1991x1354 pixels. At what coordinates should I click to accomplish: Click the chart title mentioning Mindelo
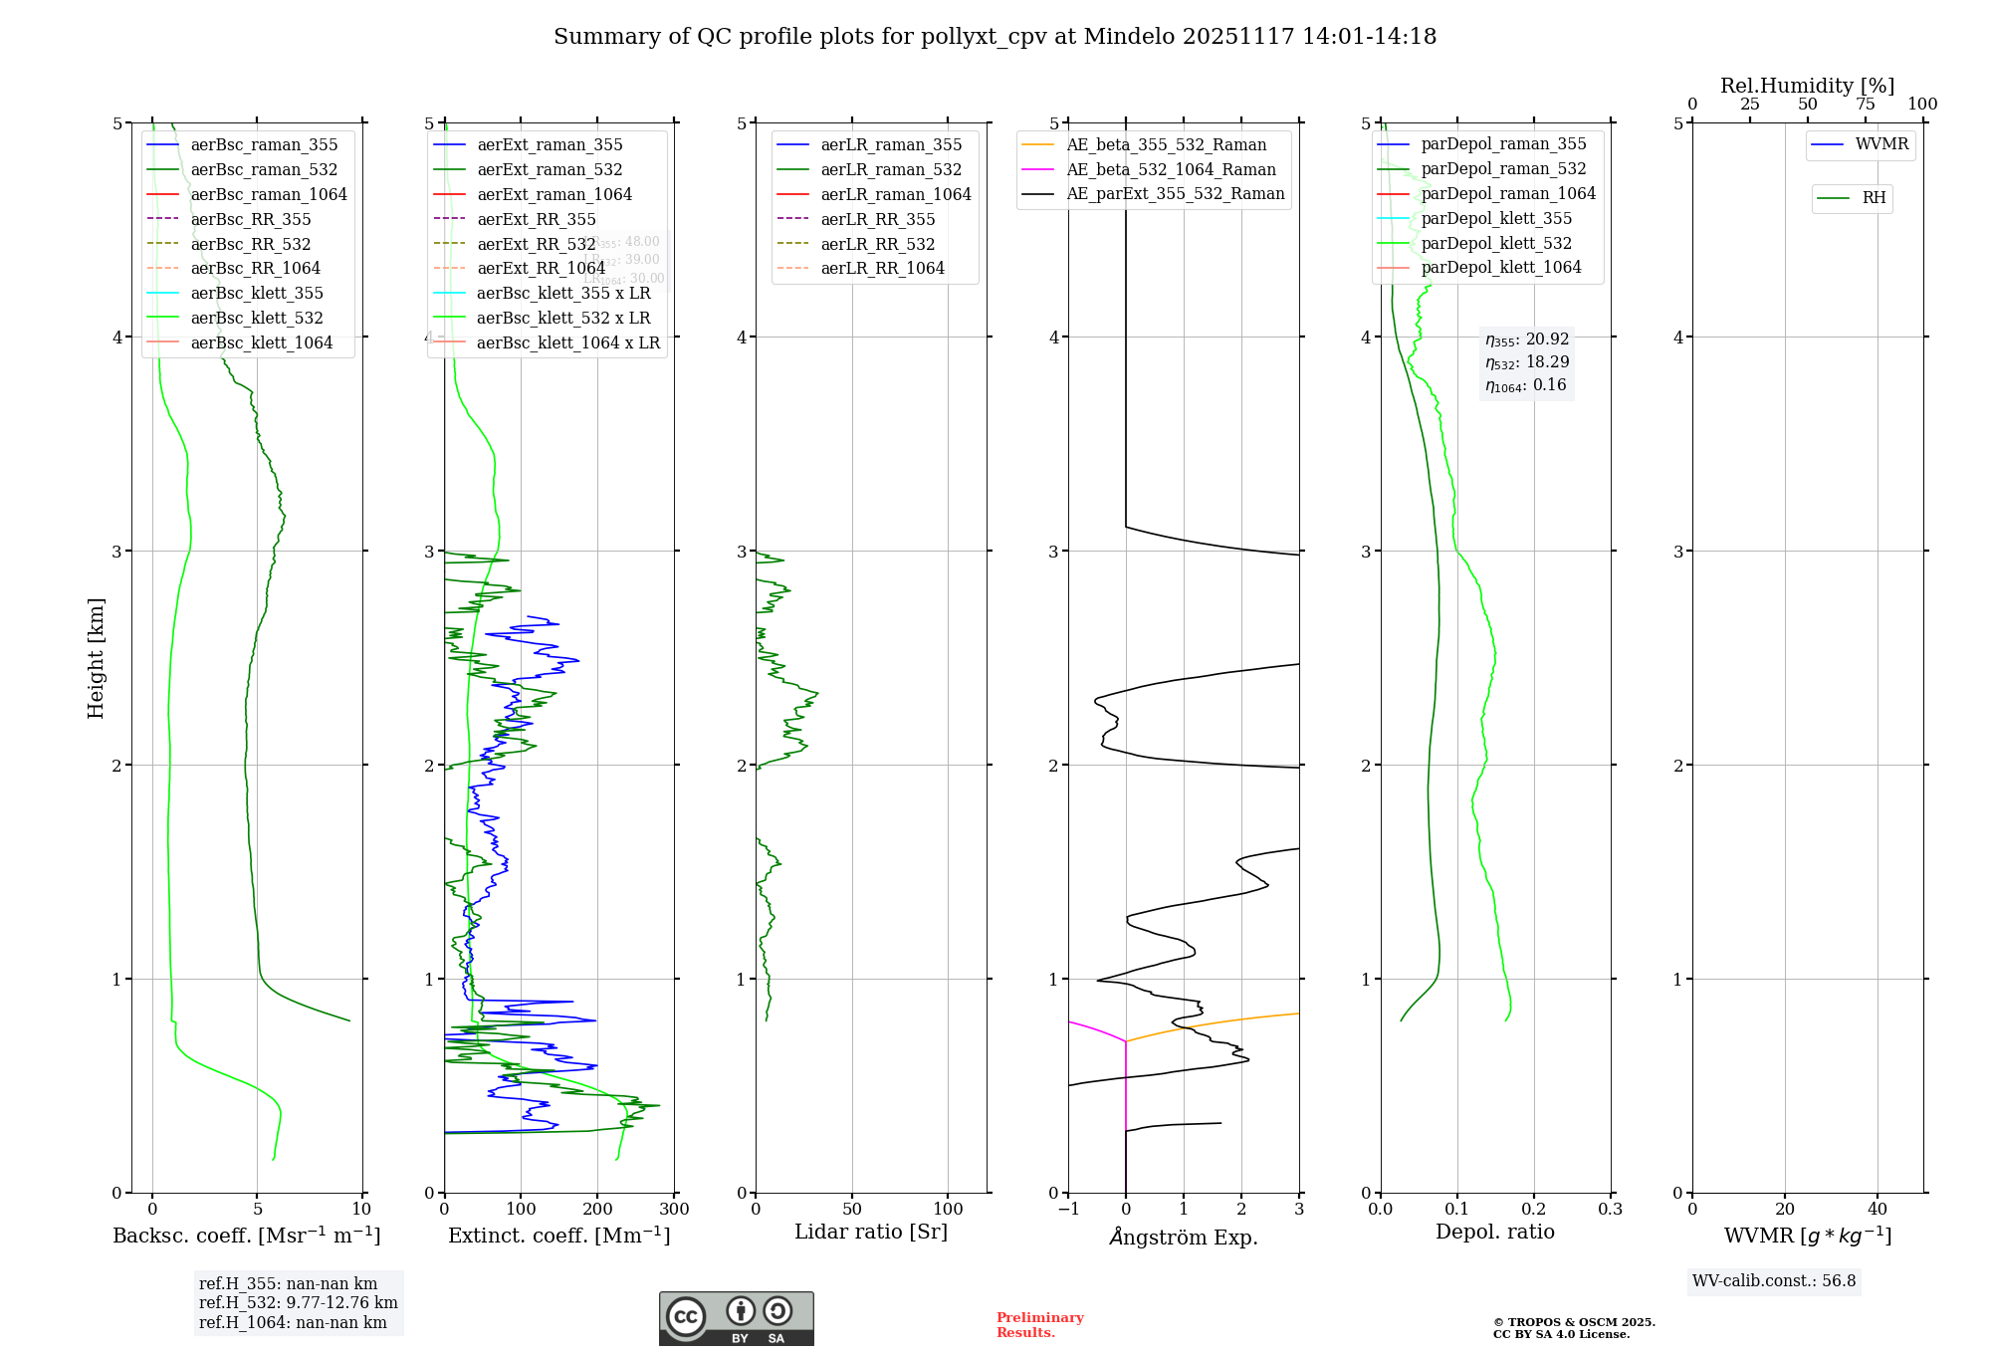(995, 37)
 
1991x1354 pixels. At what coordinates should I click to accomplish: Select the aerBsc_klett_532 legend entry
(257, 318)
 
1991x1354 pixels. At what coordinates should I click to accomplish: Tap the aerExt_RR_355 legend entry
(536, 219)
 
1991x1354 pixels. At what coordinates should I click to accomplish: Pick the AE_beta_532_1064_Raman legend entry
(1171, 169)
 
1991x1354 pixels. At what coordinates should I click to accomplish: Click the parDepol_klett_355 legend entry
(1496, 218)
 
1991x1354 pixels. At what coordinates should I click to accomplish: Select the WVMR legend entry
(1881, 144)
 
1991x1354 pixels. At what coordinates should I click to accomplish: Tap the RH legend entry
(1874, 198)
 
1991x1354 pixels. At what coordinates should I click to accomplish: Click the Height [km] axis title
(96, 657)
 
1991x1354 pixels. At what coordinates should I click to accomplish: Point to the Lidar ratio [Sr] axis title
(871, 1232)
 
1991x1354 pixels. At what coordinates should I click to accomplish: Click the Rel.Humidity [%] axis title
(1807, 86)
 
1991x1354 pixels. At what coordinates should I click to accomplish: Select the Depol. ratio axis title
(1494, 1232)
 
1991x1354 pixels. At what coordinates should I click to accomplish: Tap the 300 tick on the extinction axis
(674, 1209)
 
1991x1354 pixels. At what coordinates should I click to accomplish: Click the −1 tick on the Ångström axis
(1067, 1209)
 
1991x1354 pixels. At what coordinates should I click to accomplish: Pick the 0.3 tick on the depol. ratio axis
(1610, 1209)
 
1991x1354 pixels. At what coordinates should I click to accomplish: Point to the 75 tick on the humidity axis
(1865, 105)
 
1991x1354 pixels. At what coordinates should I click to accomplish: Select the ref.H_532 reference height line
(298, 1302)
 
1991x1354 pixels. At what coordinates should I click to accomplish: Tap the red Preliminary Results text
(1039, 1324)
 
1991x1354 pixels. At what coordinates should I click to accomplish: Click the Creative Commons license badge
(736, 1318)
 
